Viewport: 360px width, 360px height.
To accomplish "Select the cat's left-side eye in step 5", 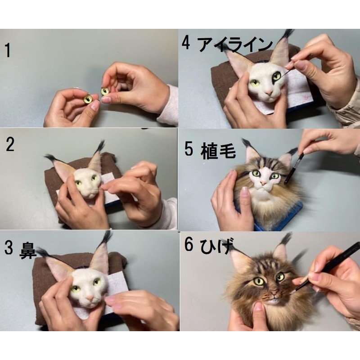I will (x=256, y=174).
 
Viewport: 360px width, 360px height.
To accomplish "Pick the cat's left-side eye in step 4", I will (x=255, y=83).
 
